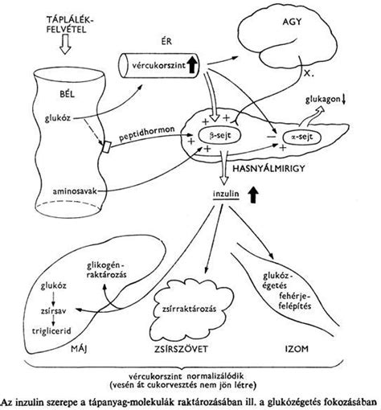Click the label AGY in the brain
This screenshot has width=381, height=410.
[x=292, y=22]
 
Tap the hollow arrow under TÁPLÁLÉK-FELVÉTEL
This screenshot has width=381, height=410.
[x=65, y=44]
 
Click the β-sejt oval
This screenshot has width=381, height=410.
[x=219, y=135]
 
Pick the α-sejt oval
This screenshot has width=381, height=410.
[x=302, y=137]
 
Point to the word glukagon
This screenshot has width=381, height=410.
[x=322, y=100]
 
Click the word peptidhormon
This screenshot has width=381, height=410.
[x=147, y=133]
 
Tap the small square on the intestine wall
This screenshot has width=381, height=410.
[x=105, y=147]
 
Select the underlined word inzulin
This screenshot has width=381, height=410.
[x=226, y=194]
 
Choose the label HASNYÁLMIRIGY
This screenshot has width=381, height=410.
[x=268, y=169]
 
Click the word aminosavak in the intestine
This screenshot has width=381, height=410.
[x=75, y=191]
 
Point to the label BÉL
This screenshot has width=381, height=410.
[x=68, y=94]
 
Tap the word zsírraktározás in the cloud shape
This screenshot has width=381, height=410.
[x=189, y=309]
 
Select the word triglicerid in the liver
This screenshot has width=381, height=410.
[x=51, y=331]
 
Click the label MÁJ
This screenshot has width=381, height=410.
[x=79, y=349]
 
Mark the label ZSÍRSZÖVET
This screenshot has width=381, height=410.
[x=182, y=349]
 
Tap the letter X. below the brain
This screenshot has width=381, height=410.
[x=309, y=73]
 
